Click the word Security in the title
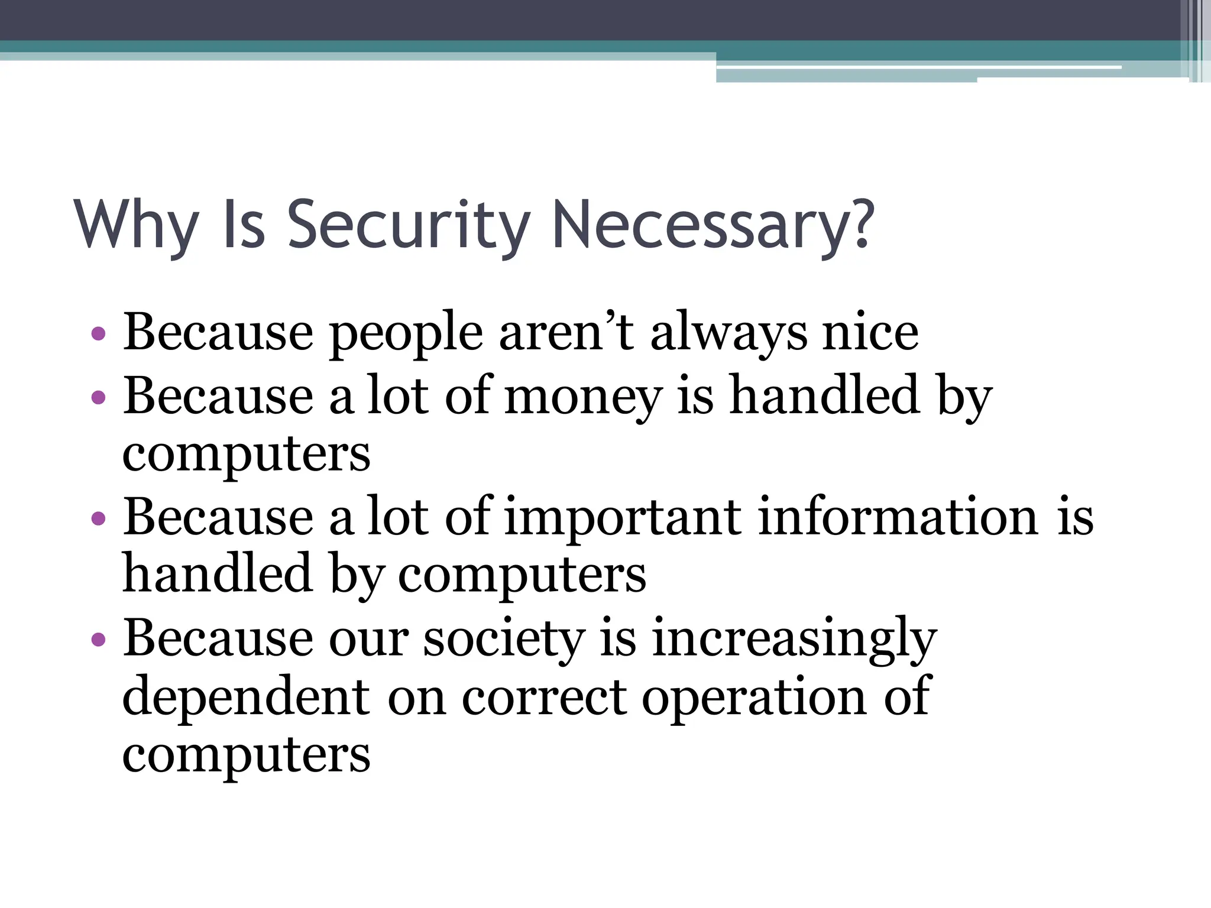pos(408,226)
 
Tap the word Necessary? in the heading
pos(713,226)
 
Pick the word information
pos(898,517)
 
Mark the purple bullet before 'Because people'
pos(99,335)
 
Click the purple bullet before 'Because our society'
pos(99,640)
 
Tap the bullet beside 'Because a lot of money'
pos(99,397)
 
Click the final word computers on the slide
pos(246,757)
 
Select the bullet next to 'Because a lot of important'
pos(99,518)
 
